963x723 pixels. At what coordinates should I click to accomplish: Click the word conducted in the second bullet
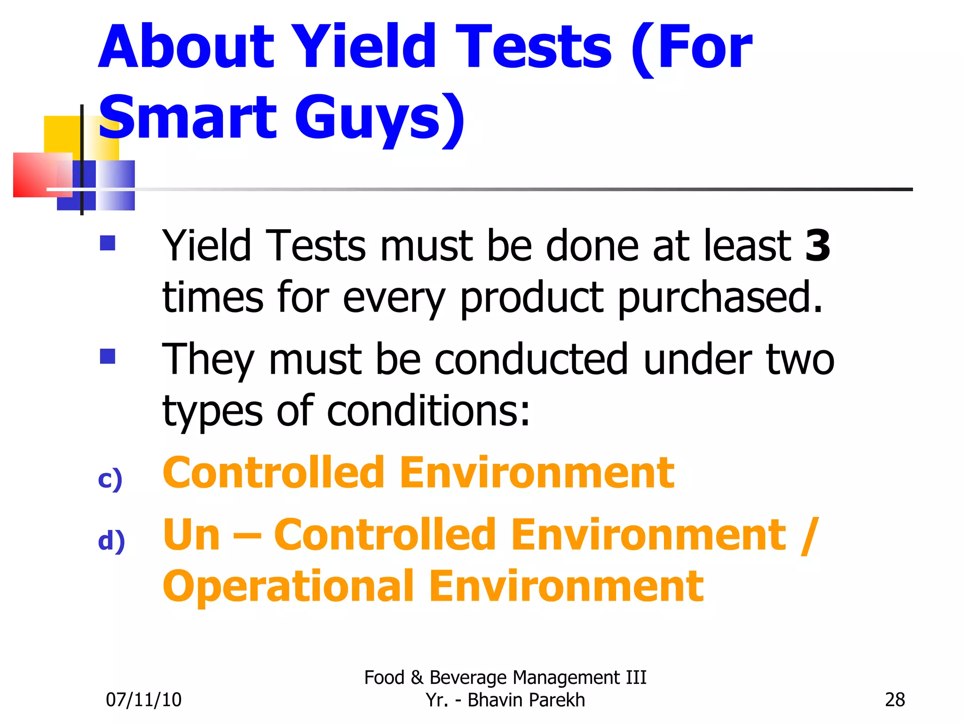click(531, 360)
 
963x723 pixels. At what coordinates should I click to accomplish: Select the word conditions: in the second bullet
click(428, 411)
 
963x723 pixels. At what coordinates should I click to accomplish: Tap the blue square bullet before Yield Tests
click(108, 243)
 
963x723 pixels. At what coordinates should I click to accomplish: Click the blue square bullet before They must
click(108, 356)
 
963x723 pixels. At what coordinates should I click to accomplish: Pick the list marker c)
click(110, 479)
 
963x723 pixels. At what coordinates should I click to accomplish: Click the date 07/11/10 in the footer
click(143, 700)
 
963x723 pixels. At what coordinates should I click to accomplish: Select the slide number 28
click(894, 700)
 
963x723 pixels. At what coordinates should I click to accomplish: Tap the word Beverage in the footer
click(468, 678)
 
